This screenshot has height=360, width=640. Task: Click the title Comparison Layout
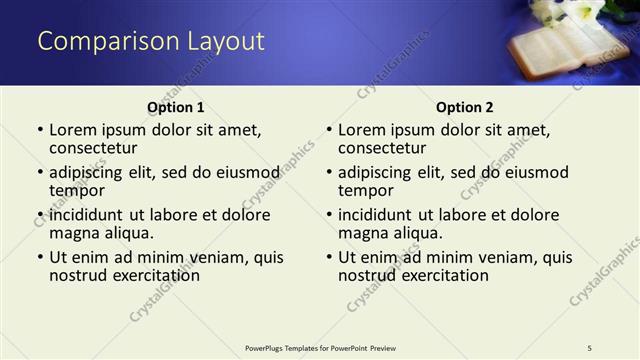tap(151, 41)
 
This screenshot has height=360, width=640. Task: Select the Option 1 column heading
tap(175, 107)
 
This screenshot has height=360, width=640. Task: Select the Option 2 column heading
tap(464, 107)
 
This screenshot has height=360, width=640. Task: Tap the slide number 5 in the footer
tap(590, 347)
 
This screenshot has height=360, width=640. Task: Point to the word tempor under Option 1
tap(77, 190)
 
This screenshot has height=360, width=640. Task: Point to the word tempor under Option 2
tap(366, 190)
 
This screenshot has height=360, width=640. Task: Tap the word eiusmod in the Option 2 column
tap(535, 172)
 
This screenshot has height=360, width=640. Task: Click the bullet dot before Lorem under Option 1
tap(39, 130)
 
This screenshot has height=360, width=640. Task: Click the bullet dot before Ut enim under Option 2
tap(328, 257)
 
